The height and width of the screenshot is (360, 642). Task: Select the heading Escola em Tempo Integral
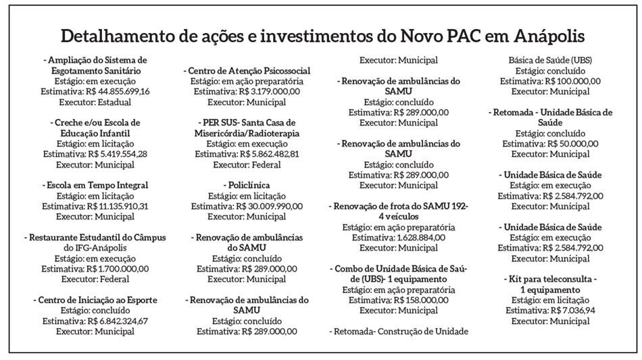tap(95, 185)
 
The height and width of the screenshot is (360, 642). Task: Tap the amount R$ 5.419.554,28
tap(116, 154)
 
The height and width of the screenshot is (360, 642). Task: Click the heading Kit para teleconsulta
tap(551, 279)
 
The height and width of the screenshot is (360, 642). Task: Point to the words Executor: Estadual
tap(95, 103)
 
